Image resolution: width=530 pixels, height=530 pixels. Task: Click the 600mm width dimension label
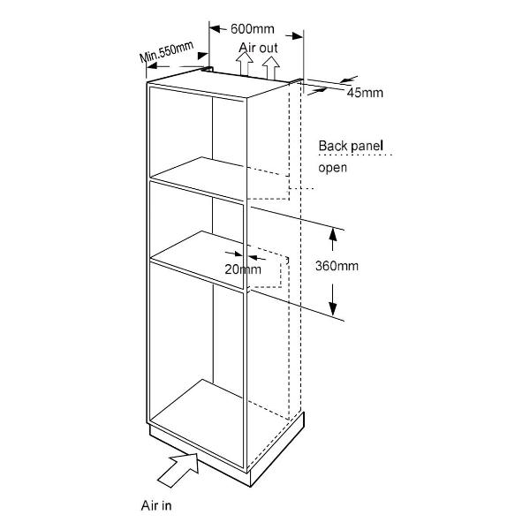coord(252,29)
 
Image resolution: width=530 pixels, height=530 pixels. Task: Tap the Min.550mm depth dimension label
coord(167,51)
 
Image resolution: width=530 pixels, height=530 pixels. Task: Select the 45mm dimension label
coord(365,93)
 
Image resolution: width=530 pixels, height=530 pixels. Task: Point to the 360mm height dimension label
coord(337,266)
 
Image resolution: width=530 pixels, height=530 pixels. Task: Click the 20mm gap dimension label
coord(243,269)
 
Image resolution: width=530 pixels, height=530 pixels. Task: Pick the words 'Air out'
coord(258,48)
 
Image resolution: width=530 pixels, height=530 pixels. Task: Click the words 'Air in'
coord(156,505)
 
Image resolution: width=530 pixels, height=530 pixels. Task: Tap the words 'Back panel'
coord(351,146)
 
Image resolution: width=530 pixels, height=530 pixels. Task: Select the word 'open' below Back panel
coord(333,168)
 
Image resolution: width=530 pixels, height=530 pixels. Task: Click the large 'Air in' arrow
coord(178,469)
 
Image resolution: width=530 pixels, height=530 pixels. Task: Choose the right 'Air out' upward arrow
coord(271,67)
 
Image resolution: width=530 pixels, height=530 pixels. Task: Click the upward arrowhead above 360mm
coord(333,234)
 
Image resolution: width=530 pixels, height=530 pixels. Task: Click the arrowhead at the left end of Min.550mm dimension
coord(153,66)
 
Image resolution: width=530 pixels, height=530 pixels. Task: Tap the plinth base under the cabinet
coord(226,450)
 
